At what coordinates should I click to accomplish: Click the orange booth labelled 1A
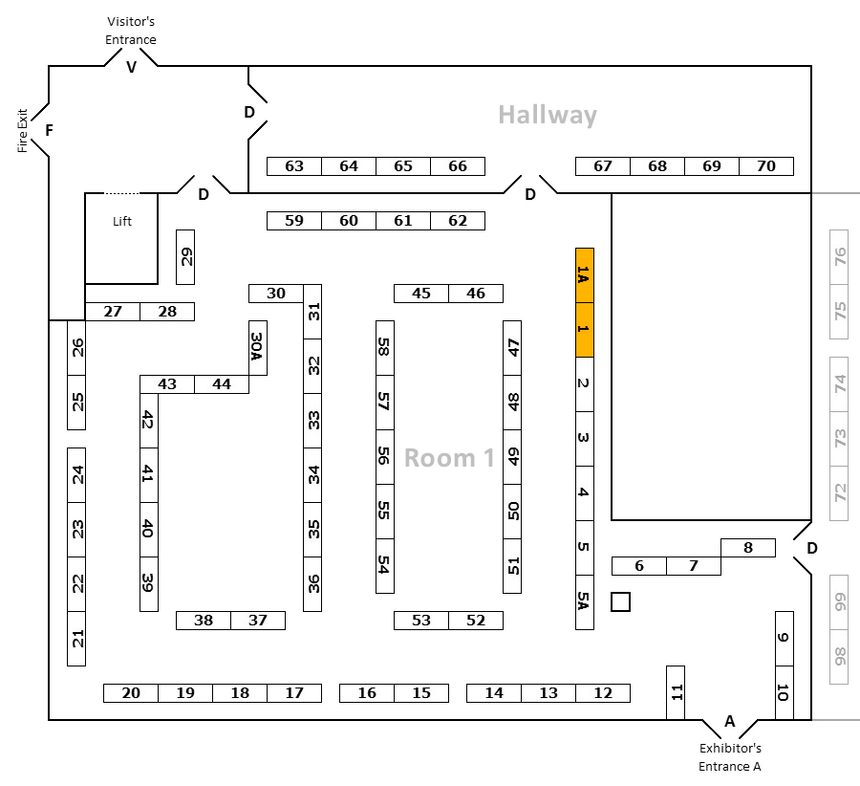tap(584, 275)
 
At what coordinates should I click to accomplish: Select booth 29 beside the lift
tap(185, 257)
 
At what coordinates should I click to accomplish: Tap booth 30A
tap(258, 348)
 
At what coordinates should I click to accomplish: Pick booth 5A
tap(584, 602)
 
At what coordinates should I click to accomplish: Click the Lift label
tap(122, 221)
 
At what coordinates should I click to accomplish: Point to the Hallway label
tap(548, 116)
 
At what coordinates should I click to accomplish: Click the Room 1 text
tap(449, 458)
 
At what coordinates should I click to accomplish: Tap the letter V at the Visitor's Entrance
tap(131, 68)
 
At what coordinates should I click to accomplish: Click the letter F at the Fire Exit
tap(50, 130)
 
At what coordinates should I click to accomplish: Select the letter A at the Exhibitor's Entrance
tap(729, 721)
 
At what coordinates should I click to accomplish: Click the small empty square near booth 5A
tap(620, 602)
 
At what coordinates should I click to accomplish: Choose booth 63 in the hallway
tap(294, 166)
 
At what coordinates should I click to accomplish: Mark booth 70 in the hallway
tap(766, 166)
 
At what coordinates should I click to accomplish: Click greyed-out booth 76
tap(839, 257)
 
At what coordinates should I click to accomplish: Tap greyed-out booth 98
tap(839, 657)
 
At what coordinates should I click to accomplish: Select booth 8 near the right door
tap(748, 548)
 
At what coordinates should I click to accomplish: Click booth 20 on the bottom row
tap(131, 693)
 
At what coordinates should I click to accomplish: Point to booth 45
tap(421, 294)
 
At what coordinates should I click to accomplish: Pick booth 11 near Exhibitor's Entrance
tap(676, 692)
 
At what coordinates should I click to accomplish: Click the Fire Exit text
tap(22, 131)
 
